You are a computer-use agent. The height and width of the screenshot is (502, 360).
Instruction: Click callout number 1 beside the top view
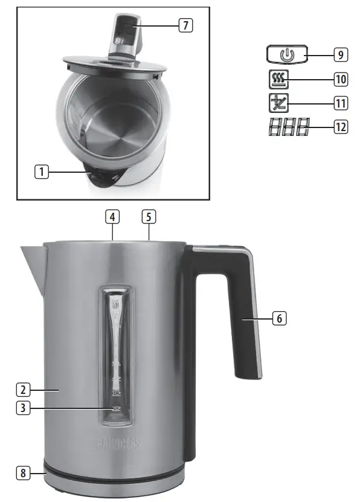[41, 172]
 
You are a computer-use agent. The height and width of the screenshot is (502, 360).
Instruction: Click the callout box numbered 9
[341, 55]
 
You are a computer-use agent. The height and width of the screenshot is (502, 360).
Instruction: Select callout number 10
[341, 79]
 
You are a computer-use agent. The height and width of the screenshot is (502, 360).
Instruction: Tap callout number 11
[341, 103]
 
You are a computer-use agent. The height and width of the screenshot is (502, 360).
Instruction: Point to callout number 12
[341, 127]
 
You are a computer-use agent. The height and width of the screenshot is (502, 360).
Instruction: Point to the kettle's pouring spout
[31, 260]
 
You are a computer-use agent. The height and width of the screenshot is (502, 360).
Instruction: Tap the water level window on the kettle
[115, 350]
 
